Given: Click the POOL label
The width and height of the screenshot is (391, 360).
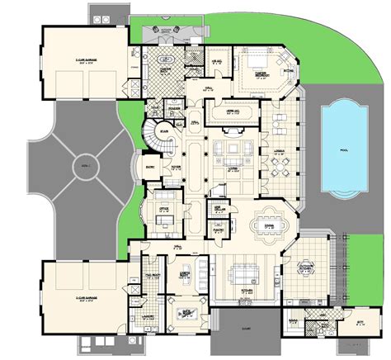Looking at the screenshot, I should click(343, 151).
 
